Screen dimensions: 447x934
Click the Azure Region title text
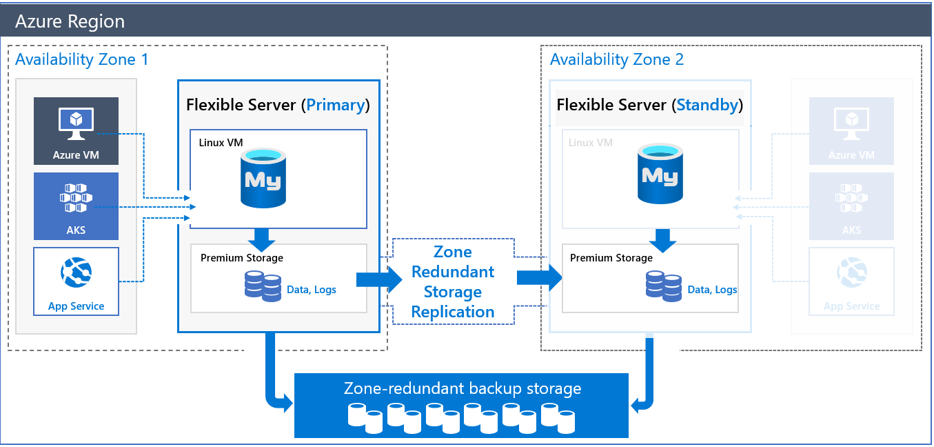coord(70,21)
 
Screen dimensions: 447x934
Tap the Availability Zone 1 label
coord(81,59)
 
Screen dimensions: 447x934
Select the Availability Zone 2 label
coord(616,59)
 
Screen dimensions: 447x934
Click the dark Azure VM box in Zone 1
coord(76,130)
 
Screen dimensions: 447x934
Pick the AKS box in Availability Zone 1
coord(76,206)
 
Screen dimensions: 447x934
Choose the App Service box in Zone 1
coord(76,281)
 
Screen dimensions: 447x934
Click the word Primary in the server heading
coord(335,105)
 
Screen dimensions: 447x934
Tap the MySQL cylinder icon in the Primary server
coord(263,178)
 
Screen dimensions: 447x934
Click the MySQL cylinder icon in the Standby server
coord(660,175)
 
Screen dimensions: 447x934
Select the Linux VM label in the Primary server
coord(221,143)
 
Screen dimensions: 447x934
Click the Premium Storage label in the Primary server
coord(241,258)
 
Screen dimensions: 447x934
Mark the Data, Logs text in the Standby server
coord(712,290)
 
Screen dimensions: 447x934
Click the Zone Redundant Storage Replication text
coord(453,281)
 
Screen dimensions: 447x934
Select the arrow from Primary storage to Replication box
coord(378,279)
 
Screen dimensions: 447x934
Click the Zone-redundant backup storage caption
coord(462,388)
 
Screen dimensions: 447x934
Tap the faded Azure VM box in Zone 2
coord(851,130)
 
